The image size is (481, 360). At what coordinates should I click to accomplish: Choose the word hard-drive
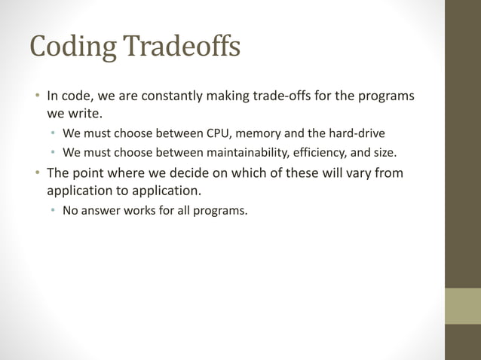pyautogui.click(x=356, y=133)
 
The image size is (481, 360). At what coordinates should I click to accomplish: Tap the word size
pyautogui.click(x=383, y=152)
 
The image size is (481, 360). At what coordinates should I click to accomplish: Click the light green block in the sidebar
pyautogui.click(x=463, y=306)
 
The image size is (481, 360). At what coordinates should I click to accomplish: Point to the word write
pyautogui.click(x=76, y=115)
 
